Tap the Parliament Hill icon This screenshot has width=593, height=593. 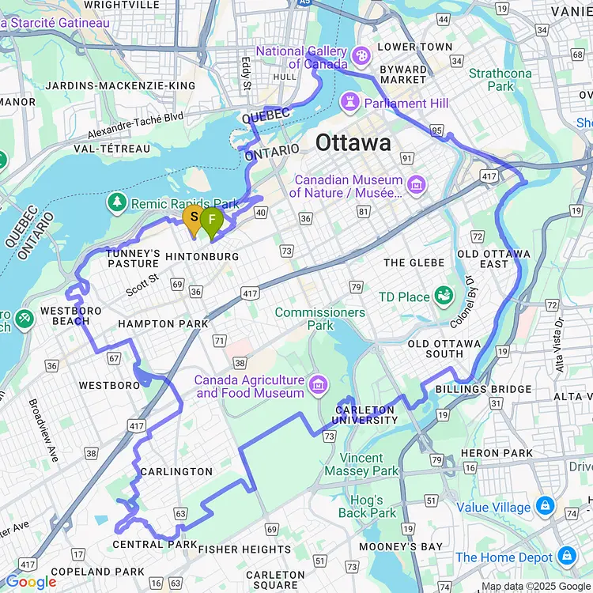348,103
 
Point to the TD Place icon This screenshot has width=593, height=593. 444,296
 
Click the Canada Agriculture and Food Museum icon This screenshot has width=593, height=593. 319,385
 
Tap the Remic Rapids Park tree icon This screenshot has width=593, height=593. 117,203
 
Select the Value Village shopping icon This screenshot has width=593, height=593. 544,507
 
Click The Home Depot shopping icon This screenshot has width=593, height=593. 566,557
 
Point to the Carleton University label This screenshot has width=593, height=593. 365,415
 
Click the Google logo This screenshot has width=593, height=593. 32,582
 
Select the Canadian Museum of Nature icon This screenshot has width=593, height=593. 417,186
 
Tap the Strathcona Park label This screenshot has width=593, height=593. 500,79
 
